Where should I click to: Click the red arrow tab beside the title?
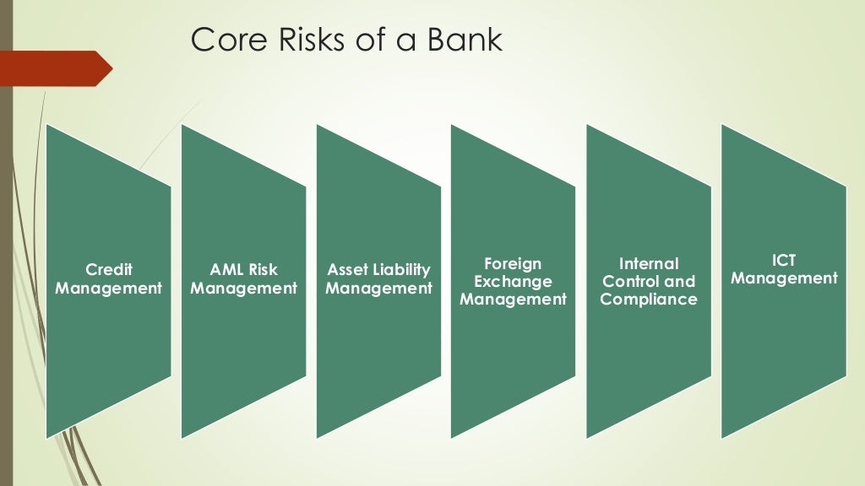click(x=55, y=68)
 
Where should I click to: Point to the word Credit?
click(x=109, y=270)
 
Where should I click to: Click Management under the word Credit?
click(x=109, y=289)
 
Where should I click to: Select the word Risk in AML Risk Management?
click(x=262, y=270)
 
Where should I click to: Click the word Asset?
click(x=347, y=270)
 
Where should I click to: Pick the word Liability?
click(x=401, y=270)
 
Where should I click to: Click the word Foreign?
click(x=513, y=264)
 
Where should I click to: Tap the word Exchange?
click(x=513, y=282)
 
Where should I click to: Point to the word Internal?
click(x=649, y=264)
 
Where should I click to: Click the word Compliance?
click(x=649, y=300)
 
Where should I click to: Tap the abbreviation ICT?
click(x=784, y=261)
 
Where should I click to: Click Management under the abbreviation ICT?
click(x=784, y=278)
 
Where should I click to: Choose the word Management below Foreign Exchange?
click(x=513, y=300)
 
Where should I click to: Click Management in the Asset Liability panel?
click(x=379, y=289)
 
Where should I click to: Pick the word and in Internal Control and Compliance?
click(x=680, y=282)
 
